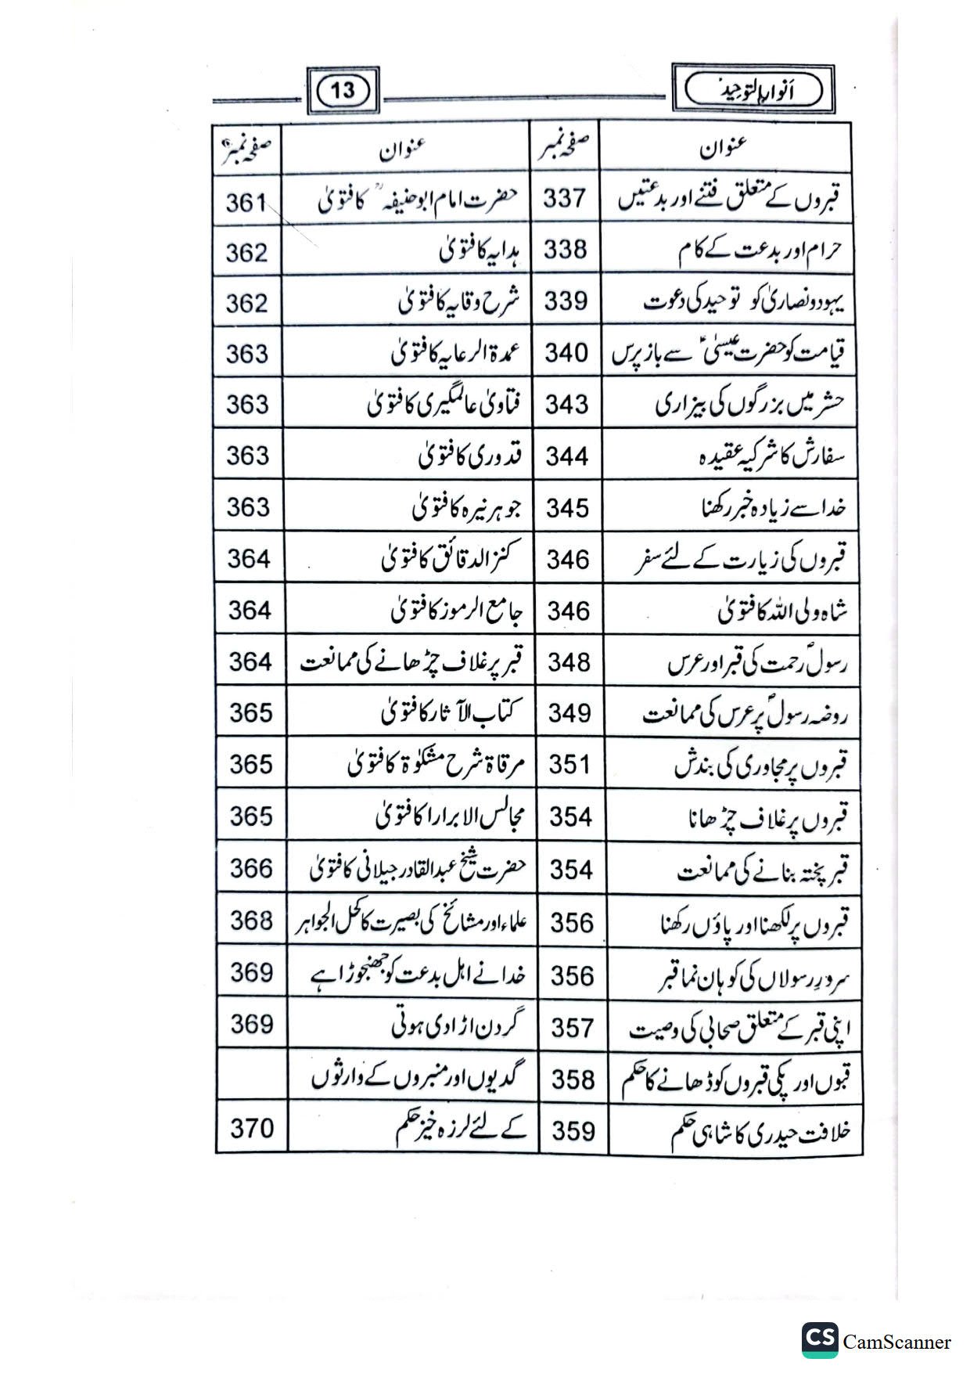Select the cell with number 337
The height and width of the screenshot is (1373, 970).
[565, 199]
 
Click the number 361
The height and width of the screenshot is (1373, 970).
[246, 203]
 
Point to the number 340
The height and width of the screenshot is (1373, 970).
[566, 353]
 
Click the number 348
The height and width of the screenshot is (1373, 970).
[569, 662]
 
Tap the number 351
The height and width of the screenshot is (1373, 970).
[569, 764]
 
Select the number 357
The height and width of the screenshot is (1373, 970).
[572, 1028]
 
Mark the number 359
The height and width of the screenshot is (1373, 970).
[573, 1131]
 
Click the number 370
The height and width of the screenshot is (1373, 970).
[252, 1128]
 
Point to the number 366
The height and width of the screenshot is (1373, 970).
[251, 868]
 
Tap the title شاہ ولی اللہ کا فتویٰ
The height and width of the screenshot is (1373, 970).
[782, 611]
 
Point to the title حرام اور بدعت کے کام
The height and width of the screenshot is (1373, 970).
[758, 252]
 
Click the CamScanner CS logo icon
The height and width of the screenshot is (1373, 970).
[819, 1341]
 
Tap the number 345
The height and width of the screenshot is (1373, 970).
[568, 508]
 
